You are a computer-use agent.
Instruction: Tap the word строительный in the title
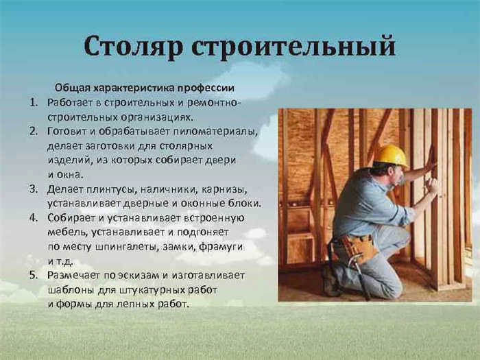tap(293, 47)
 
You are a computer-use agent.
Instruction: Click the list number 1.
tap(34, 102)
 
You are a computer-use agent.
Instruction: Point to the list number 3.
tap(34, 189)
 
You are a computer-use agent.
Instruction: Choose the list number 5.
tap(34, 275)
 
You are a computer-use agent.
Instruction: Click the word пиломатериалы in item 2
tap(215, 132)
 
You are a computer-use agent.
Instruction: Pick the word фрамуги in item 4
tap(221, 247)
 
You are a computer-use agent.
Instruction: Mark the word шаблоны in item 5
tap(71, 290)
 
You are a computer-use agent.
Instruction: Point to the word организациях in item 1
tap(157, 117)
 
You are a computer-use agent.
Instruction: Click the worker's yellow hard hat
tap(392, 156)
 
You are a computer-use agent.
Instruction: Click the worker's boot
tap(330, 280)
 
